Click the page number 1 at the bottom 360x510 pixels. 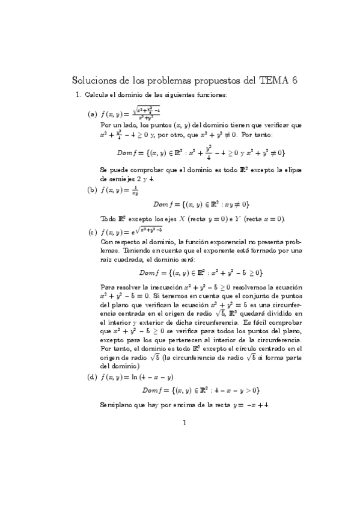click(x=185, y=423)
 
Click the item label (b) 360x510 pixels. click(x=93, y=191)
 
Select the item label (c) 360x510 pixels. click(x=93, y=232)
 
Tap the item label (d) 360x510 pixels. click(x=93, y=377)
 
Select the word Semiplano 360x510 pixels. click(x=116, y=405)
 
